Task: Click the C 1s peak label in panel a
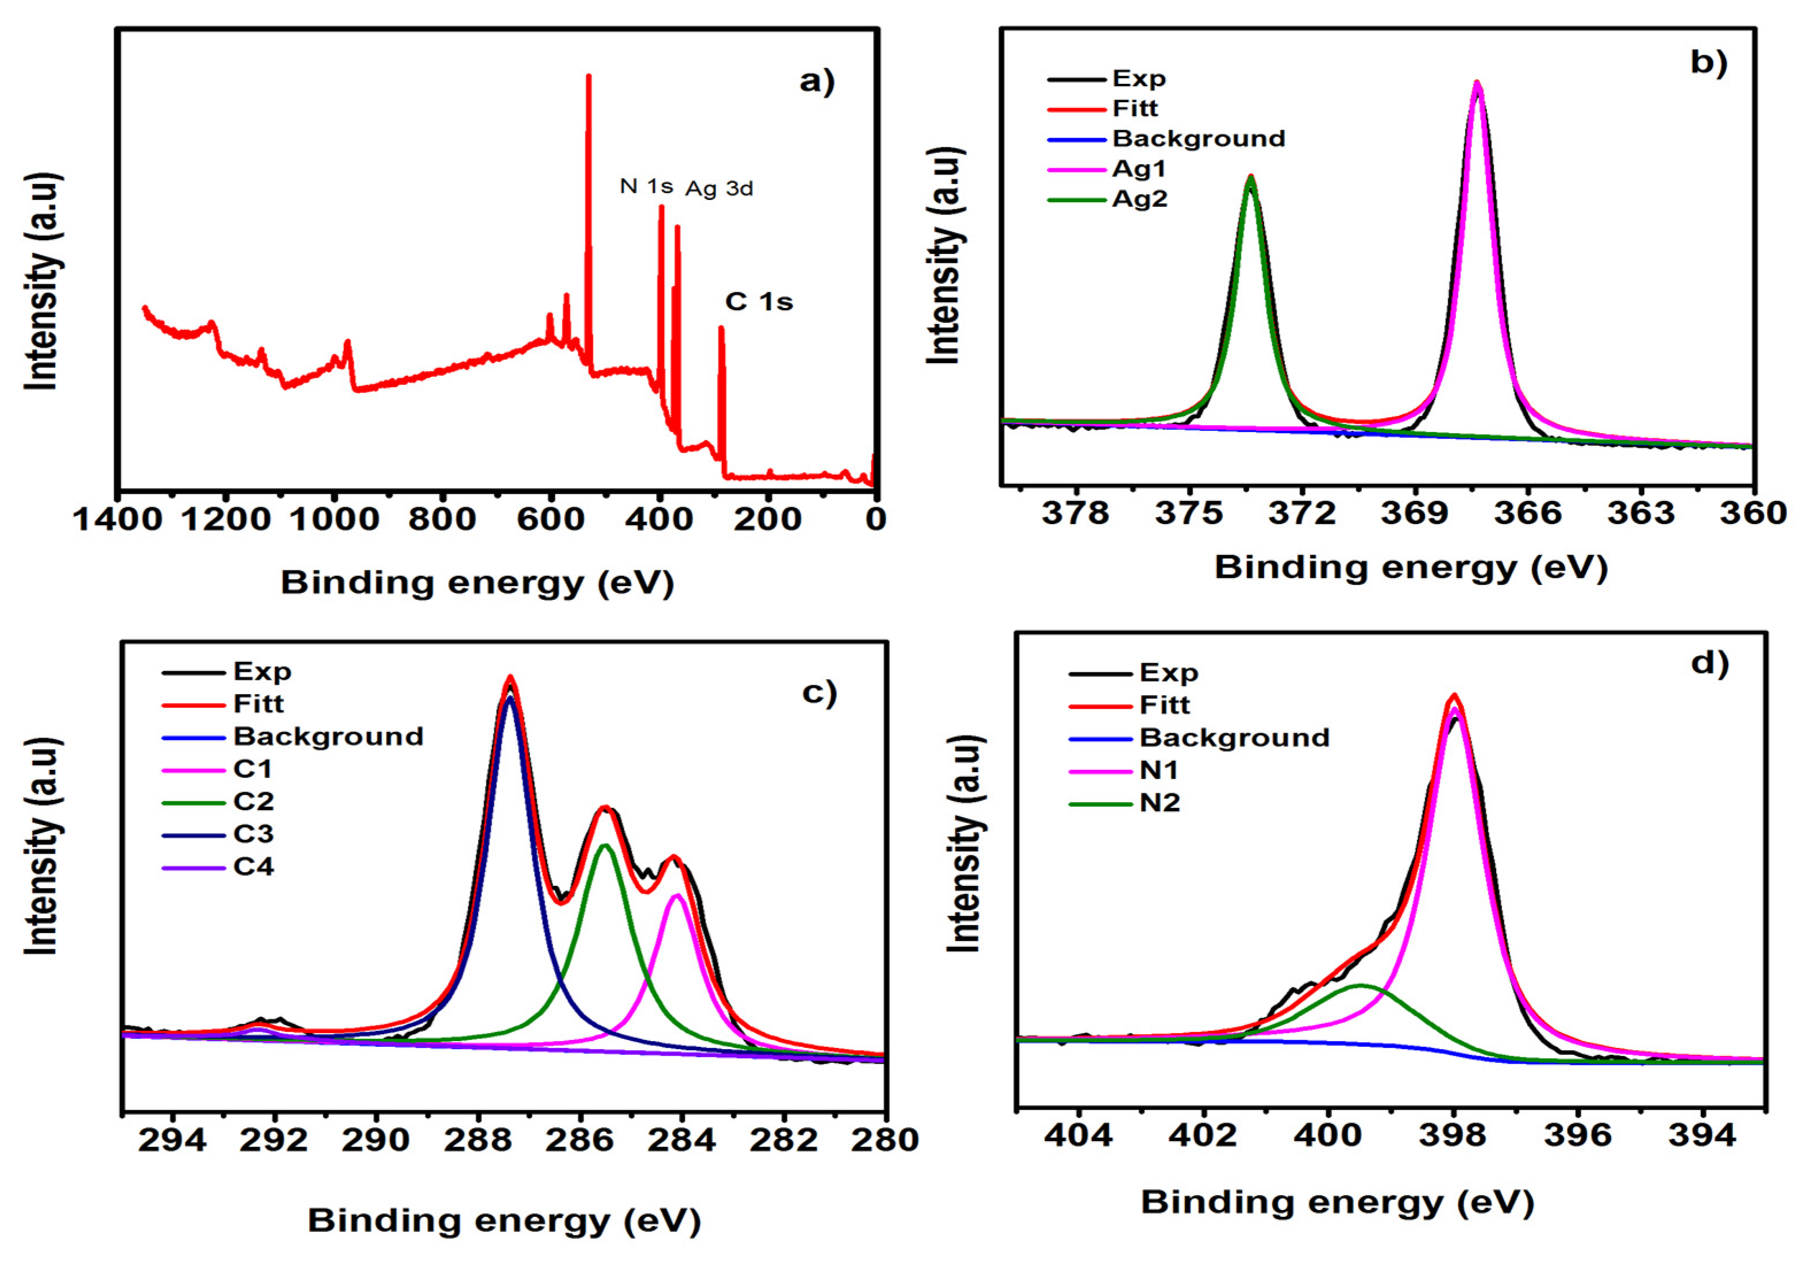(x=759, y=302)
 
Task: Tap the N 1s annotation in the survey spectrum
(x=646, y=187)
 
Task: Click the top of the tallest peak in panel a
(x=589, y=76)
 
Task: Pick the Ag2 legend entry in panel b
(x=1139, y=200)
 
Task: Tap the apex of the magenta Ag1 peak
(x=1477, y=83)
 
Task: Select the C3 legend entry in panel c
(x=253, y=834)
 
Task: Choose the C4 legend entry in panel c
(x=253, y=866)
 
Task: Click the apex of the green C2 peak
(x=604, y=846)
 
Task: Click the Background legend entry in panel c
(x=328, y=737)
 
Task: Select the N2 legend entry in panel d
(x=1159, y=804)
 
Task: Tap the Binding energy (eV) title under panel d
(x=1337, y=1202)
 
